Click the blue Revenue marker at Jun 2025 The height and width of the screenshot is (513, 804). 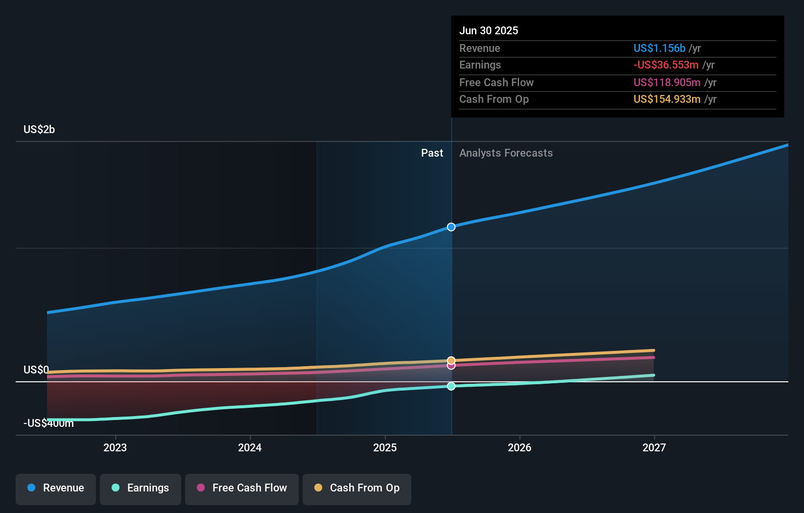451,227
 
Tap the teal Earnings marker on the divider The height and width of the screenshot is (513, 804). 451,386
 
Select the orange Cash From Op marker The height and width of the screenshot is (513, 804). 451,360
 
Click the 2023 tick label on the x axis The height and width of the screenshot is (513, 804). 115,447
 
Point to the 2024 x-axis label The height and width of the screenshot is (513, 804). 250,447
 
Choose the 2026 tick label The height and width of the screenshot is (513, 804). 520,447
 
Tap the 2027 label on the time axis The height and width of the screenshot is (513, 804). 654,447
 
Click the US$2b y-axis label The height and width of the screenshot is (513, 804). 39,129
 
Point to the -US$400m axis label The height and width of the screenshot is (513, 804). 48,423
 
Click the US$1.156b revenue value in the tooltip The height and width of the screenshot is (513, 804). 659,48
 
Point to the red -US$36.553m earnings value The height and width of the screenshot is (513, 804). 666,65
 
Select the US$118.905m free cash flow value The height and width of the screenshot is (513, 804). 667,82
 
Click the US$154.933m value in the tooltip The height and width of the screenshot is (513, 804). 667,99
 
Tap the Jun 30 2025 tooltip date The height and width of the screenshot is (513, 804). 489,30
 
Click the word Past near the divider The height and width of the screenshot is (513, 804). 432,153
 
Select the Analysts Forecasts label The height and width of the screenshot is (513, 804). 506,153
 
